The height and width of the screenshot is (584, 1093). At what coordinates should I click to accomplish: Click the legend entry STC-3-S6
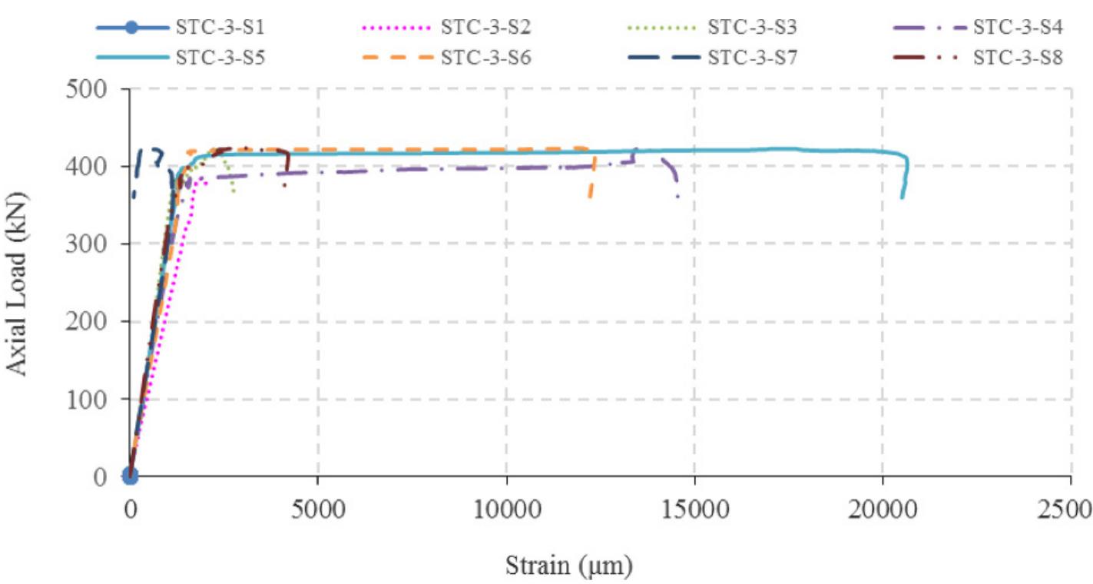point(485,57)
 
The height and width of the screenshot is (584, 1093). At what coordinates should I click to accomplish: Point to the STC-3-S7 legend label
point(753,57)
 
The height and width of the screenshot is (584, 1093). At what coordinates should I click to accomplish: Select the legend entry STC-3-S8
point(1018,57)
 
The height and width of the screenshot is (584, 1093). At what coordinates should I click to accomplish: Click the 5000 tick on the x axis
point(317,511)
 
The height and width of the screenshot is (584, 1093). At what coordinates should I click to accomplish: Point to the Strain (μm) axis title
point(569,566)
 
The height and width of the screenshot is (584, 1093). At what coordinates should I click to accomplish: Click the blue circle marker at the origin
point(130,476)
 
